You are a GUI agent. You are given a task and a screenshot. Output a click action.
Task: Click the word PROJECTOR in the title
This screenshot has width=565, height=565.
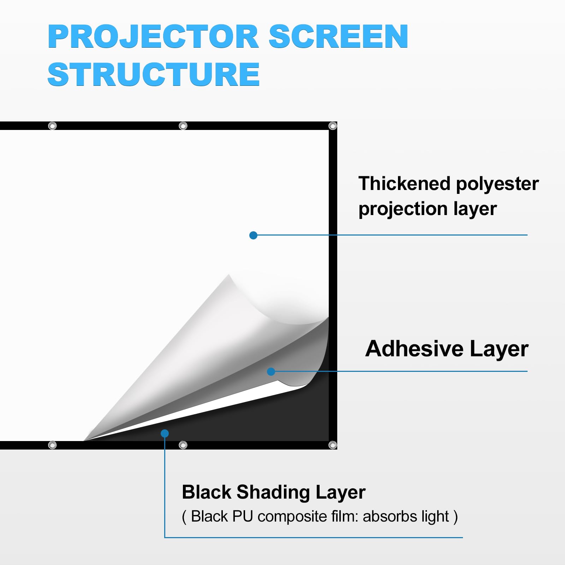click(x=154, y=36)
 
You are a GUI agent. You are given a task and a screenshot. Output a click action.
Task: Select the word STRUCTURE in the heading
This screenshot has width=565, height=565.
click(x=154, y=74)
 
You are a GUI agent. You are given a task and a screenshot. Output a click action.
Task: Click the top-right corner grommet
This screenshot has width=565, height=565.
click(x=333, y=126)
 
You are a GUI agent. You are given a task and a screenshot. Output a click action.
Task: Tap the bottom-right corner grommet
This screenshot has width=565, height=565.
click(x=333, y=445)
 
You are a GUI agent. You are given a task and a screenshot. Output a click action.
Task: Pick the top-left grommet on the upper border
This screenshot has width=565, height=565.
click(x=52, y=126)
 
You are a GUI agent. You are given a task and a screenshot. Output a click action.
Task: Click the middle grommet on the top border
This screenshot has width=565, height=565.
click(x=183, y=126)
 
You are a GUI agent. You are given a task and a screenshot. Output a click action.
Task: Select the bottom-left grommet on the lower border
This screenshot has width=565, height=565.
click(x=52, y=445)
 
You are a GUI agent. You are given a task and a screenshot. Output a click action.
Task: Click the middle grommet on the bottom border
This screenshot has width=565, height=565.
click(x=183, y=445)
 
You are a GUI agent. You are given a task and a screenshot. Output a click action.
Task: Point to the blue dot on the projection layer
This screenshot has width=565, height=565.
click(x=253, y=235)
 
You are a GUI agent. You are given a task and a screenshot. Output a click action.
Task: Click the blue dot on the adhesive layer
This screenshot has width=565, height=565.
click(x=271, y=371)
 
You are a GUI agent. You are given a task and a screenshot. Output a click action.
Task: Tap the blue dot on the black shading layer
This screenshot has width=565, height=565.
click(x=165, y=433)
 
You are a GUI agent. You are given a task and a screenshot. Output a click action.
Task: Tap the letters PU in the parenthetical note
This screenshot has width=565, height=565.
click(x=243, y=516)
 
